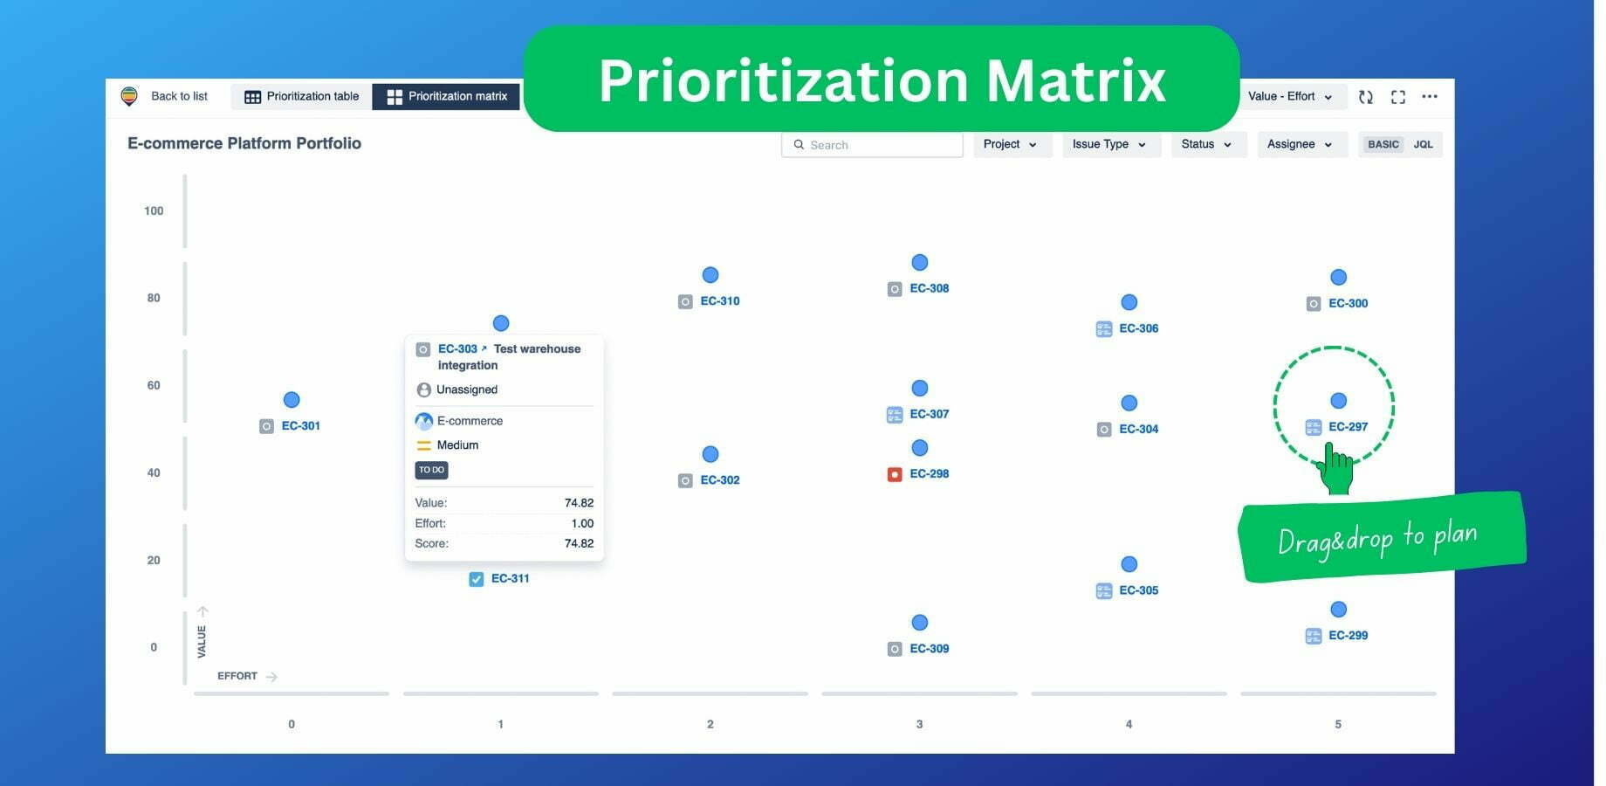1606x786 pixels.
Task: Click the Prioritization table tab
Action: coord(302,96)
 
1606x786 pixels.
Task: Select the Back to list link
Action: coord(179,96)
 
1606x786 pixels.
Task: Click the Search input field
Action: coord(872,145)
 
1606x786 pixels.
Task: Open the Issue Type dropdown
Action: coord(1110,144)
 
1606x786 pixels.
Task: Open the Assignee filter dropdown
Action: coord(1301,144)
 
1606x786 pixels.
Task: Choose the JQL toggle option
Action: coord(1423,144)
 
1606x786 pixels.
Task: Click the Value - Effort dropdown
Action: coord(1290,96)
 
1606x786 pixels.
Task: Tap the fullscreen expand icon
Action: coord(1398,97)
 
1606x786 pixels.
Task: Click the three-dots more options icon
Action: coord(1430,96)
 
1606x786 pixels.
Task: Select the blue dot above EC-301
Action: coord(292,400)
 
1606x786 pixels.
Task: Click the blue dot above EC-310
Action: coord(710,275)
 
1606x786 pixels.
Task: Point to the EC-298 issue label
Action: coord(930,474)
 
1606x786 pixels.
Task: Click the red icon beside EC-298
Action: coord(895,474)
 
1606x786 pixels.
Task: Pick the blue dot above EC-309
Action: coord(920,623)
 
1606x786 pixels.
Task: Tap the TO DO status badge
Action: coord(431,470)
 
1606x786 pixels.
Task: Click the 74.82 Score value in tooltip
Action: coord(579,543)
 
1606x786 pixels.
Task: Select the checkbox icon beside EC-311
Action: coord(477,579)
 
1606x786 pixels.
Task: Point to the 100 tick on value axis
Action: coord(154,210)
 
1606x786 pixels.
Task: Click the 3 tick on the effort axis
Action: coord(919,724)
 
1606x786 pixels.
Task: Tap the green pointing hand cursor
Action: coord(1335,469)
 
